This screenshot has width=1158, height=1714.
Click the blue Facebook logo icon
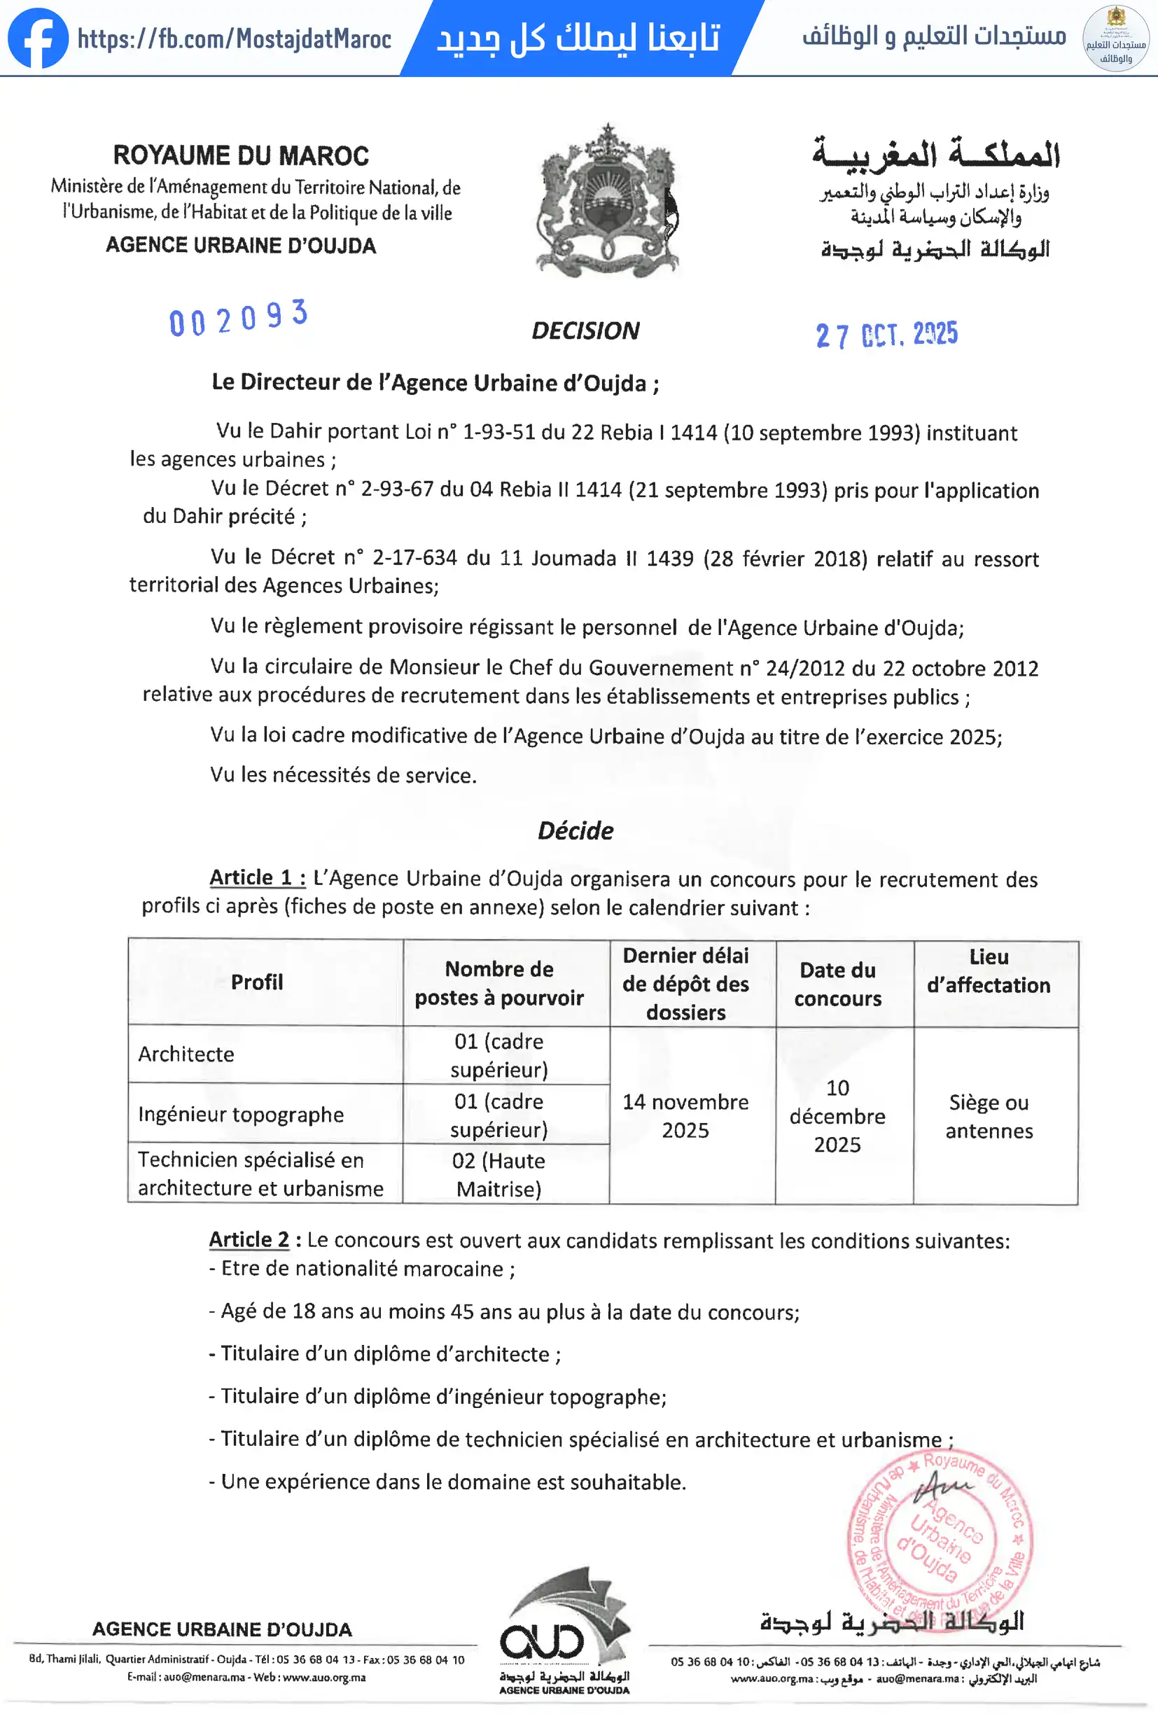(x=38, y=39)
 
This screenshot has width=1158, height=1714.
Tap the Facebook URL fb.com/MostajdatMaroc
(x=235, y=39)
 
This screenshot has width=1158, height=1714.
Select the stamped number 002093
(x=238, y=319)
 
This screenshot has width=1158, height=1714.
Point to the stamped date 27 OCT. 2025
(x=886, y=335)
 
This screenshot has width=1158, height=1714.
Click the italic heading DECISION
(x=585, y=331)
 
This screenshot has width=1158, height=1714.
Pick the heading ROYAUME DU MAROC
(x=240, y=155)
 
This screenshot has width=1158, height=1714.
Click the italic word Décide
(x=575, y=831)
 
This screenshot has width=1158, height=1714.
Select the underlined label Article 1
(x=258, y=877)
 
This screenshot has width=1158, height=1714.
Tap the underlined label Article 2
(x=249, y=1240)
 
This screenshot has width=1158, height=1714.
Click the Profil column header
(x=257, y=982)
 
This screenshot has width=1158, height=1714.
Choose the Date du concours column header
(x=838, y=984)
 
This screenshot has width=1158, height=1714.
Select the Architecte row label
(x=187, y=1054)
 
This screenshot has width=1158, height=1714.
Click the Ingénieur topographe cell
(x=241, y=1115)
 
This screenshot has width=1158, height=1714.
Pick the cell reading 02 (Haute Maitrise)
(x=498, y=1174)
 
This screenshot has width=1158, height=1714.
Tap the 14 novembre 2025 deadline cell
(x=685, y=1116)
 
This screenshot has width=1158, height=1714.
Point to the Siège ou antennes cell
(x=989, y=1117)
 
